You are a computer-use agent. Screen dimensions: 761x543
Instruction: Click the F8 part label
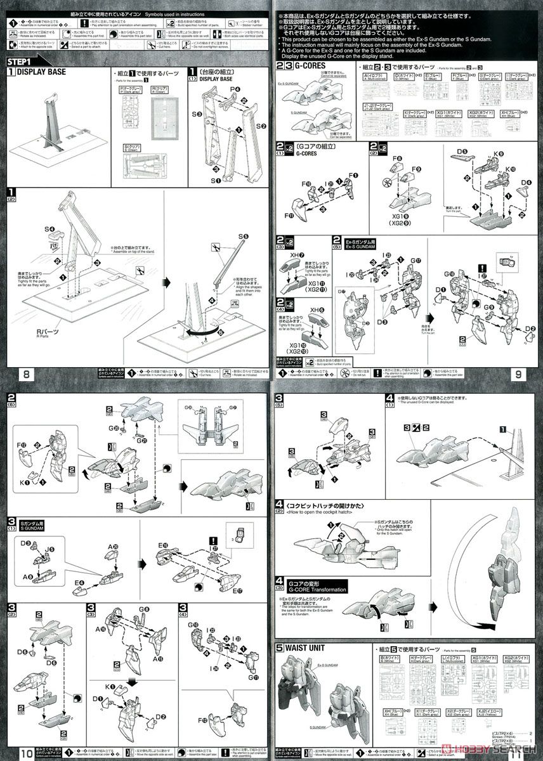(x=397, y=158)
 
